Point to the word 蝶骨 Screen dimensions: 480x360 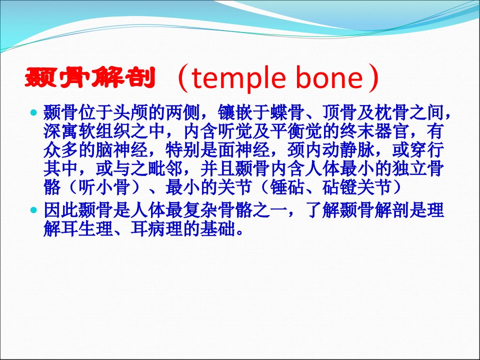[288, 113]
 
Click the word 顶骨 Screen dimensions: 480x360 [340, 113]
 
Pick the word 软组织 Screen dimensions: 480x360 [104, 131]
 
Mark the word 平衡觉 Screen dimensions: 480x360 [296, 131]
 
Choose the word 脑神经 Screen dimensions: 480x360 [122, 150]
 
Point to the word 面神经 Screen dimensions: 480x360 [244, 150]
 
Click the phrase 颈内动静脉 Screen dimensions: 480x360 [331, 150]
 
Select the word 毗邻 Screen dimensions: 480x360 [165, 168]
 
